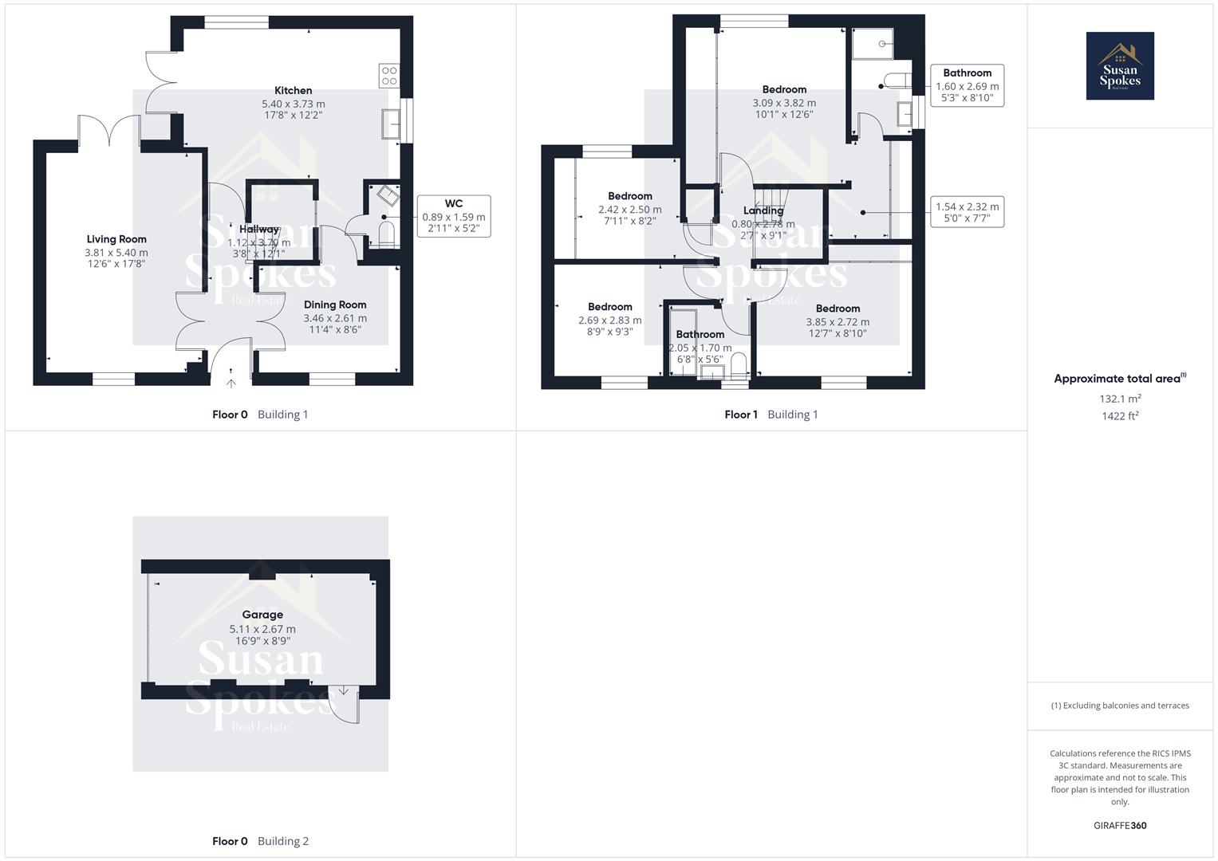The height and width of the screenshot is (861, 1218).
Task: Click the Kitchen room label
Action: click(x=293, y=91)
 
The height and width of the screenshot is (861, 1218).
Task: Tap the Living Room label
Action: click(x=116, y=239)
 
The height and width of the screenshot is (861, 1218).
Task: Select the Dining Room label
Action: click(x=335, y=305)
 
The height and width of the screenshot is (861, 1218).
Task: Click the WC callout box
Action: click(x=453, y=216)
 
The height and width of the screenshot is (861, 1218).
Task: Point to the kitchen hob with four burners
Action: click(x=389, y=76)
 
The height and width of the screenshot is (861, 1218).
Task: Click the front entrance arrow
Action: click(x=231, y=382)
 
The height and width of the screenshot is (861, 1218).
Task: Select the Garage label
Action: click(x=262, y=615)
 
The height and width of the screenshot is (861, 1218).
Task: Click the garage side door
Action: click(x=344, y=705)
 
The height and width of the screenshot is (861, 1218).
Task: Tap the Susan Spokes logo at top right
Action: click(x=1120, y=66)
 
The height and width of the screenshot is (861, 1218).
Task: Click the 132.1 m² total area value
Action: click(x=1120, y=399)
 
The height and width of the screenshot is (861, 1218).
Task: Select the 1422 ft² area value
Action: click(x=1120, y=415)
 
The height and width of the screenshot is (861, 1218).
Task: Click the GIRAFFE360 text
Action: click(x=1120, y=825)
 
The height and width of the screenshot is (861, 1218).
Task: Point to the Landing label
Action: click(x=763, y=211)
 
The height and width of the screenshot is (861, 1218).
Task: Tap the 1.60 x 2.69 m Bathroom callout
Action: click(x=967, y=85)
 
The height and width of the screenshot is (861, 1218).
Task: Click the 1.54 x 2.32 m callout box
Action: click(x=967, y=211)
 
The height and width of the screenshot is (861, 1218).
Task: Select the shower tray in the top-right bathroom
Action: click(x=872, y=44)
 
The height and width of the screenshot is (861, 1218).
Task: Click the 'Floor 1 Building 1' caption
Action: click(x=771, y=415)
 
